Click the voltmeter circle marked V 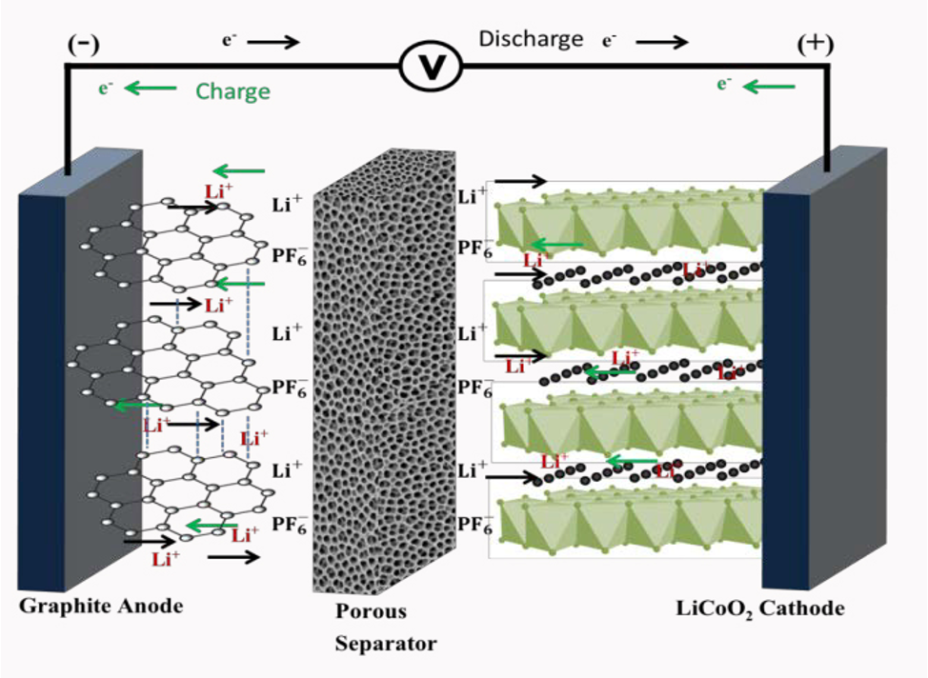point(429,67)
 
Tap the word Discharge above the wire point(531,39)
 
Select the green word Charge point(232,91)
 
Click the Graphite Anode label point(100,606)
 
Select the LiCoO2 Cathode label point(774,608)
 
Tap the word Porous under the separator point(371,611)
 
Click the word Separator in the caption point(385,644)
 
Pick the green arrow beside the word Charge point(151,89)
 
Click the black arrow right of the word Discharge point(661,42)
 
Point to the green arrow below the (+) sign point(769,87)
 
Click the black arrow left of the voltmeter point(274,42)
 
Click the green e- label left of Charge point(106,89)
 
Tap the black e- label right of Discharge point(610,42)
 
